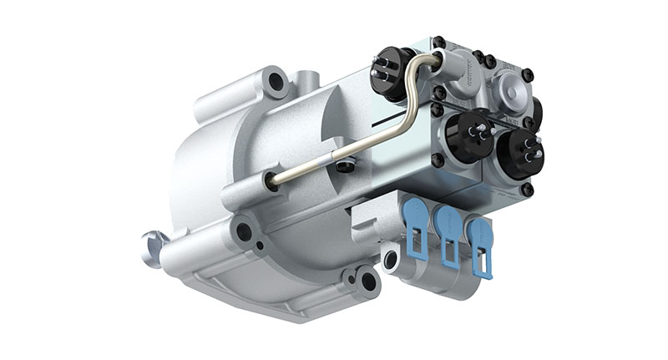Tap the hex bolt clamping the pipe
coord(343,165)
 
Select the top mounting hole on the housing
coord(275,81)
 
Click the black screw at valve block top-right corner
coord(528,74)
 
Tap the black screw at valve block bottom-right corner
coord(527,191)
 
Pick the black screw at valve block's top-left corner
coord(438,42)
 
